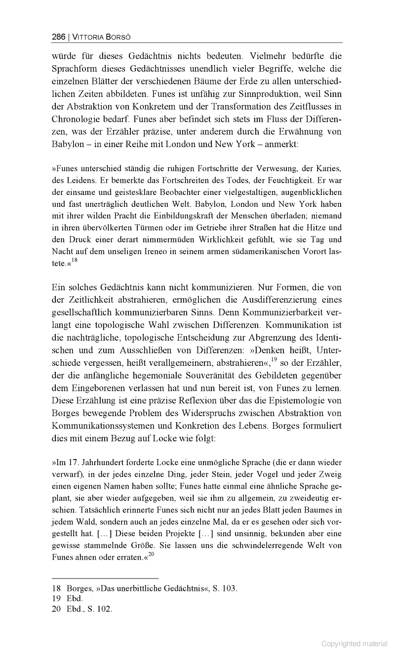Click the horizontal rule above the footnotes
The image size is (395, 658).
click(x=105, y=578)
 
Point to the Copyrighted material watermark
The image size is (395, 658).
click(x=355, y=643)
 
